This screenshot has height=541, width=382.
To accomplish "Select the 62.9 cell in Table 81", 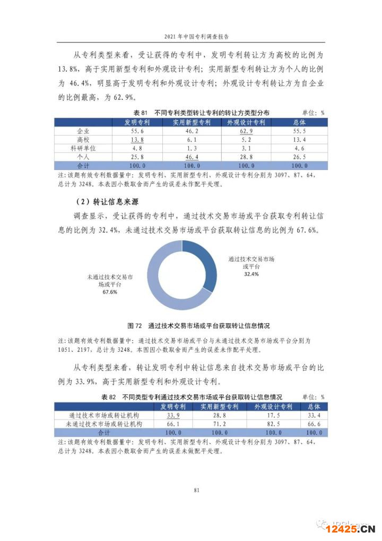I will click(245, 131).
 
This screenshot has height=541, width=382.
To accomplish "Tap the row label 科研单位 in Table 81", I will click(83, 148).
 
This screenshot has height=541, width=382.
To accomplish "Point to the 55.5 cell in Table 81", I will click(299, 131).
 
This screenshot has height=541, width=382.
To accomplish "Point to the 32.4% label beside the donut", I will click(251, 274).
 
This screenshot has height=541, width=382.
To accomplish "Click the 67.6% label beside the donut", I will click(110, 292).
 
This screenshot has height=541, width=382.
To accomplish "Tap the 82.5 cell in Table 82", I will click(273, 424).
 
